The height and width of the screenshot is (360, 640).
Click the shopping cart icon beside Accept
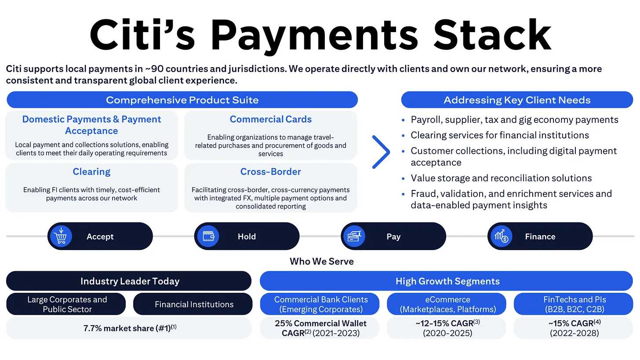pyautogui.click(x=61, y=236)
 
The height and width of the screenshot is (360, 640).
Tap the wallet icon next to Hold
pyautogui.click(x=208, y=236)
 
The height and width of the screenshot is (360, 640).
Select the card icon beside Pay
pyautogui.click(x=355, y=236)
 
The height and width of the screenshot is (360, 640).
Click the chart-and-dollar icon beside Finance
pyautogui.click(x=502, y=236)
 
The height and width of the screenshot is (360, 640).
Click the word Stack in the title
pyautogui.click(x=492, y=35)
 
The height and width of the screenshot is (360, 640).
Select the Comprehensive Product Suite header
pyautogui.click(x=182, y=100)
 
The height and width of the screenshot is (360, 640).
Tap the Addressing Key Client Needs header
pyautogui.click(x=517, y=100)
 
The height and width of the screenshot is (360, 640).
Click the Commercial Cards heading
pyautogui.click(x=271, y=119)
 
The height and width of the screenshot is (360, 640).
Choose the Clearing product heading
pyautogui.click(x=91, y=171)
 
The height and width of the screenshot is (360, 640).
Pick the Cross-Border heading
pyautogui.click(x=271, y=171)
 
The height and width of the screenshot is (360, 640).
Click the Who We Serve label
pyautogui.click(x=322, y=261)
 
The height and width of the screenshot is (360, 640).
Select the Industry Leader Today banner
pyautogui.click(x=129, y=281)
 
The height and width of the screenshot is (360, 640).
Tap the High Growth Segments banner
pyautogui.click(x=446, y=281)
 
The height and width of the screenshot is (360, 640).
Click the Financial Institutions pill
pyautogui.click(x=193, y=304)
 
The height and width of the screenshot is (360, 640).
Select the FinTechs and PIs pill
pyautogui.click(x=574, y=304)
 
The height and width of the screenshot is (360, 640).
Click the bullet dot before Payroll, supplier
pyautogui.click(x=403, y=120)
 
